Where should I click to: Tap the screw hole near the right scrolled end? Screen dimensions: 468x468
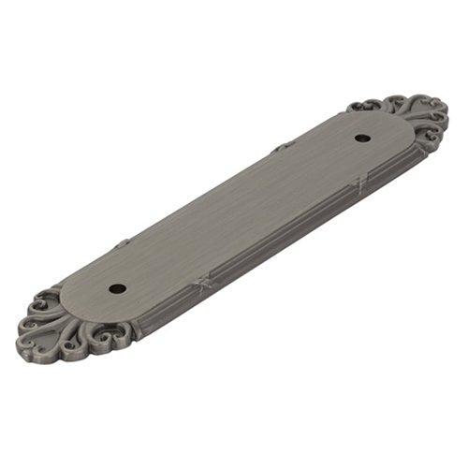(359, 139)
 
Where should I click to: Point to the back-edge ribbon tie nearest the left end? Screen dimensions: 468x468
(122, 244)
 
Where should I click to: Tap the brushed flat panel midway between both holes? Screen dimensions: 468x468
(238, 213)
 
